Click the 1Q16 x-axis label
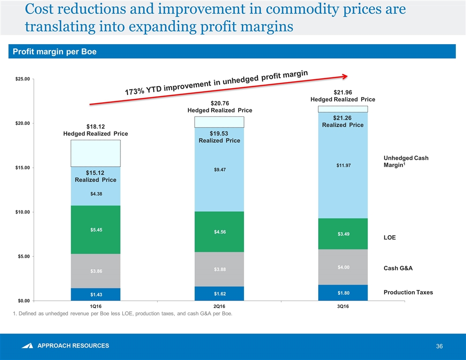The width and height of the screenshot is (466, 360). (96, 306)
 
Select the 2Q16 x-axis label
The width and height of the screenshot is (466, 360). (219, 306)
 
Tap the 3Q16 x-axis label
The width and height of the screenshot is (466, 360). (343, 306)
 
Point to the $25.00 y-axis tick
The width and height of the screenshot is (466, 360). (21, 79)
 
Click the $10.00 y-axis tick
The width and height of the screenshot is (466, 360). (21, 212)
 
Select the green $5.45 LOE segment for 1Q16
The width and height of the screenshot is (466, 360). (96, 229)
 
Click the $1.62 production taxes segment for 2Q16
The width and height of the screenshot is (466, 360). (219, 293)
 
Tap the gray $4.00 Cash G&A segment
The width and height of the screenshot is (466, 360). (343, 267)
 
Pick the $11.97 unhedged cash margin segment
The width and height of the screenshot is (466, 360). (343, 165)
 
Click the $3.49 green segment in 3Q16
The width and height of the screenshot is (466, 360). (343, 234)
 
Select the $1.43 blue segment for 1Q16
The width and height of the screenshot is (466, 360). (96, 294)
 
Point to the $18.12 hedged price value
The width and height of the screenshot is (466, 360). (96, 126)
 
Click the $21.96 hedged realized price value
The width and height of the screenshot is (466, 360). (343, 92)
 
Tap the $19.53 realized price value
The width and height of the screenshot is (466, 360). (219, 133)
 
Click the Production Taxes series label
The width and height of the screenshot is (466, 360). (408, 292)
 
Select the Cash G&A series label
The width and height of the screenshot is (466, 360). (398, 268)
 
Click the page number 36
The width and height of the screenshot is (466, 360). (439, 347)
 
